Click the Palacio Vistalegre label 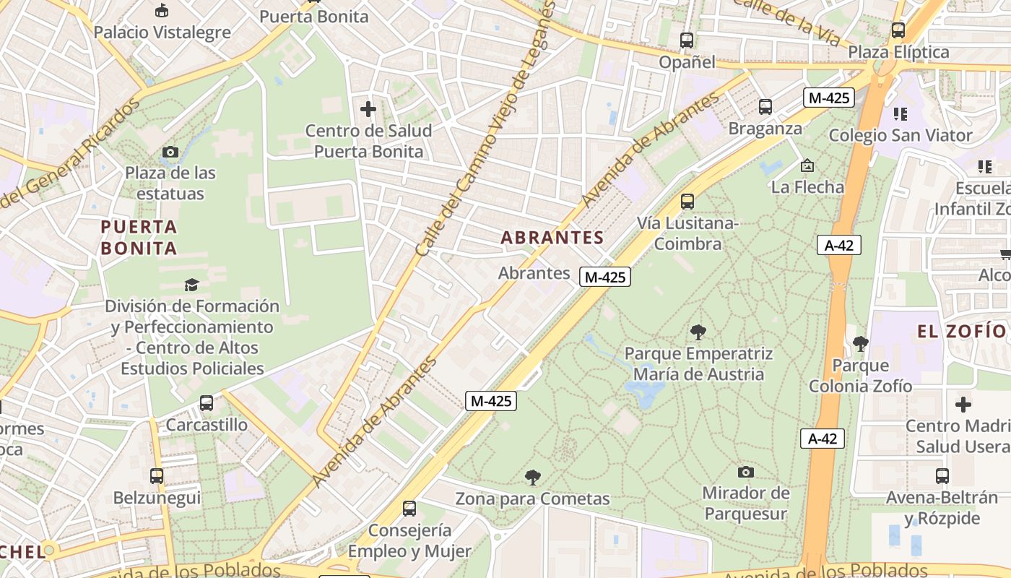[x=162, y=33]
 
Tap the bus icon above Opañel [x=687, y=40]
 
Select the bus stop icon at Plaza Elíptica [x=898, y=30]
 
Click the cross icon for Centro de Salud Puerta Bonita [x=368, y=109]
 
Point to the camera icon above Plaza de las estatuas [x=170, y=152]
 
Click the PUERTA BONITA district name [x=139, y=238]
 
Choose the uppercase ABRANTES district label [x=552, y=238]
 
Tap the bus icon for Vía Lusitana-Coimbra [x=687, y=202]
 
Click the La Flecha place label [x=807, y=187]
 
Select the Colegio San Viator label [x=901, y=135]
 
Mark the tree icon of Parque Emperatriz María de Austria [x=698, y=332]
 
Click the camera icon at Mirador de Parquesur [x=746, y=472]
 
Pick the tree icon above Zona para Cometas [x=533, y=477]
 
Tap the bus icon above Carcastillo [x=207, y=403]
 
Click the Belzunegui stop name [x=157, y=498]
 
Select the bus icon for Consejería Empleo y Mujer [x=409, y=509]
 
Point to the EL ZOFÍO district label [x=961, y=332]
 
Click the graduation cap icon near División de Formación [x=191, y=285]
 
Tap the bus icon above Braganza [x=765, y=107]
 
